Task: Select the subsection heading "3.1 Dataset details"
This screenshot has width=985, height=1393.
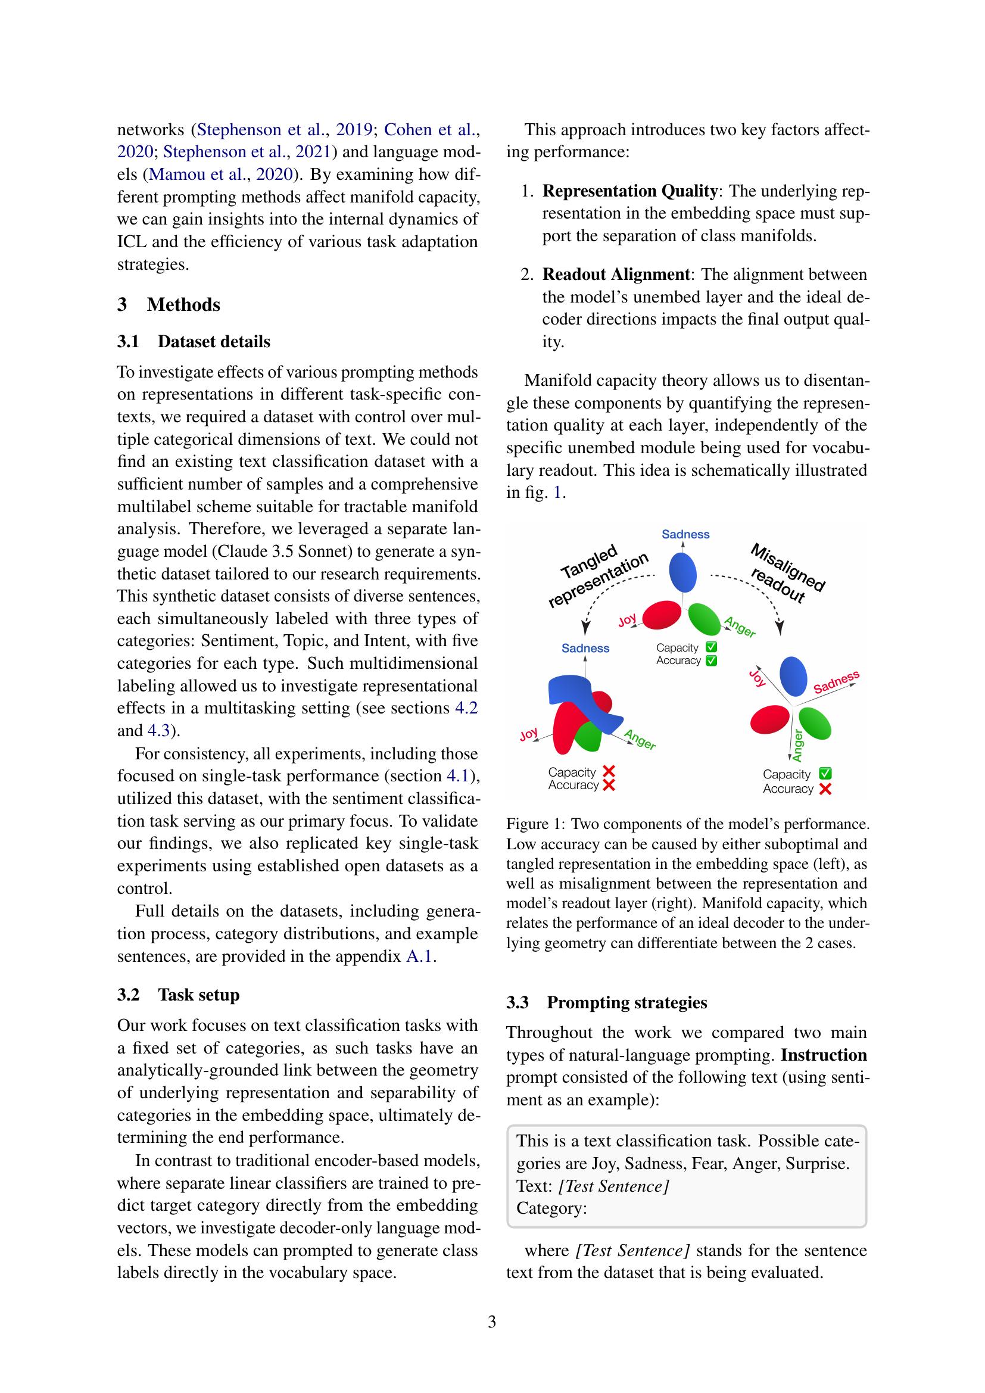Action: click(x=194, y=342)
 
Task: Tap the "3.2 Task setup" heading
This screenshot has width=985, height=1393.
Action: click(x=178, y=995)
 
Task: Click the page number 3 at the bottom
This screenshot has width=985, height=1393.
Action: click(x=492, y=1321)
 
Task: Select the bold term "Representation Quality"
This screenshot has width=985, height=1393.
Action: click(x=629, y=191)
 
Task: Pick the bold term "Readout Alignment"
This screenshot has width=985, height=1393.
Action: click(x=616, y=274)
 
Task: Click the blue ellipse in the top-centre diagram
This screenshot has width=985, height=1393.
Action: click(x=682, y=573)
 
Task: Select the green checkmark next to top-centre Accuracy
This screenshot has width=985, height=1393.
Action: click(x=712, y=660)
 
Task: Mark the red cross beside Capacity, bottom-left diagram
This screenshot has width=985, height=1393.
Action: click(x=609, y=772)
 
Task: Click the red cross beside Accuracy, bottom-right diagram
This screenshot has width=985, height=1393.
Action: click(x=825, y=789)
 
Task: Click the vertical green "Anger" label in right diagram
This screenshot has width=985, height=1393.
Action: click(x=797, y=745)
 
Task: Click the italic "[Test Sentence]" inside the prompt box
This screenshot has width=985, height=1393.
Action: click(x=613, y=1186)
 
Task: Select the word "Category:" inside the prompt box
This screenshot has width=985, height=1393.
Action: click(x=551, y=1208)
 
